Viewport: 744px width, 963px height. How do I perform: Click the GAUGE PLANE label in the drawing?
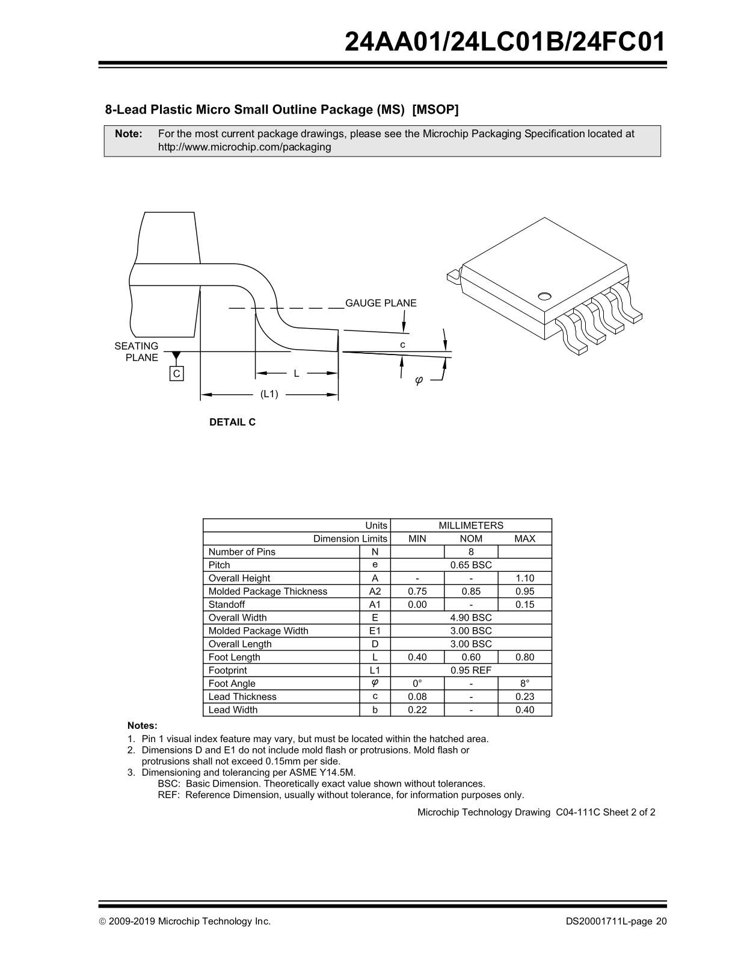coord(381,303)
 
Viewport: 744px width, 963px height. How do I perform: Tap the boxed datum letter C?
coord(177,374)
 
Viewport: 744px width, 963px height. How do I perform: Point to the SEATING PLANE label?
coord(137,351)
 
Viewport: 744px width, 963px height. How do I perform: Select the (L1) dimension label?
coord(269,394)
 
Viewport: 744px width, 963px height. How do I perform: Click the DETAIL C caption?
coord(232,423)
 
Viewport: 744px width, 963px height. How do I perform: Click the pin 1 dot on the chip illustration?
coord(545,296)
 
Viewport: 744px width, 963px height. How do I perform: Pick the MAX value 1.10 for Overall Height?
coord(524,578)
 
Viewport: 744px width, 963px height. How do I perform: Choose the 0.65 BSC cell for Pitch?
coord(471,565)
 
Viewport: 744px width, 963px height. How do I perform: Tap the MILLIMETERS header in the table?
coord(471,525)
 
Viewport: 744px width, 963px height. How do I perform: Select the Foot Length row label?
coord(234,657)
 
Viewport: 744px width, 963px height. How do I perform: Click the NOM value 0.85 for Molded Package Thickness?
coord(471,592)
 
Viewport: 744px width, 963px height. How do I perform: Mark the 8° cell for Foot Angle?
coord(524,684)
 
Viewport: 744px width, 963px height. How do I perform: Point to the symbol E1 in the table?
coord(375,631)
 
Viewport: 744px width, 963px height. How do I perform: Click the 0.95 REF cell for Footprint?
coord(471,670)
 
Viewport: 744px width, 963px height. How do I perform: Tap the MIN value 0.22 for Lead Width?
coord(417,710)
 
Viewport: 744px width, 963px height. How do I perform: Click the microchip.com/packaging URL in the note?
coord(244,147)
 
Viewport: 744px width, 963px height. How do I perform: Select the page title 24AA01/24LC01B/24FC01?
coord(506,42)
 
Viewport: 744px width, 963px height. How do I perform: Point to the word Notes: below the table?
coord(143,726)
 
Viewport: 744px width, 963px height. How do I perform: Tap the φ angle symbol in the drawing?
coord(419,380)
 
